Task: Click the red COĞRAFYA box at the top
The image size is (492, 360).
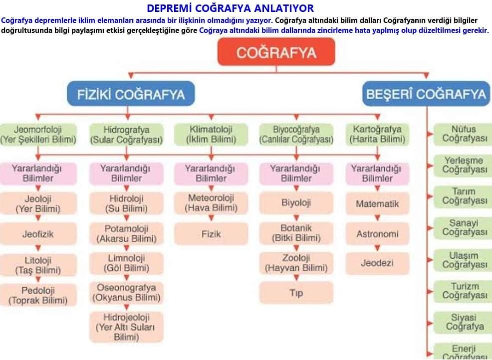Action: click(x=276, y=52)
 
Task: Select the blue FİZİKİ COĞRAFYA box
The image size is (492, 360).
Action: click(x=131, y=94)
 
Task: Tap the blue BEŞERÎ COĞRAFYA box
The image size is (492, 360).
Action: click(x=426, y=94)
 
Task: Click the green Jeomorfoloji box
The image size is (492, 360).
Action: click(x=38, y=135)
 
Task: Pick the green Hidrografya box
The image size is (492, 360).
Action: click(x=126, y=135)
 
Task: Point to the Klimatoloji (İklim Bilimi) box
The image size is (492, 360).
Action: click(x=211, y=135)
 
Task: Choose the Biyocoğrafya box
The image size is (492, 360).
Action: click(x=296, y=135)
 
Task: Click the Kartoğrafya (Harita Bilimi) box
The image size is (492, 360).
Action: click(x=377, y=135)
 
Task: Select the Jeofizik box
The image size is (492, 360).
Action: click(x=38, y=233)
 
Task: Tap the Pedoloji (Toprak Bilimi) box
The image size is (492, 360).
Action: click(x=38, y=295)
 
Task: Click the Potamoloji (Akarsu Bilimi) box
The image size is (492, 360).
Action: click(x=126, y=234)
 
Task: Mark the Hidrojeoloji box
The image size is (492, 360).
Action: click(x=126, y=327)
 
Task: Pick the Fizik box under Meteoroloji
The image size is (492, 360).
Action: click(x=211, y=233)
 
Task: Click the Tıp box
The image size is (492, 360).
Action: click(x=296, y=293)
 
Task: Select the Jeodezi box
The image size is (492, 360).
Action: click(x=377, y=263)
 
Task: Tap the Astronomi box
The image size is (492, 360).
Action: click(x=377, y=233)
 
